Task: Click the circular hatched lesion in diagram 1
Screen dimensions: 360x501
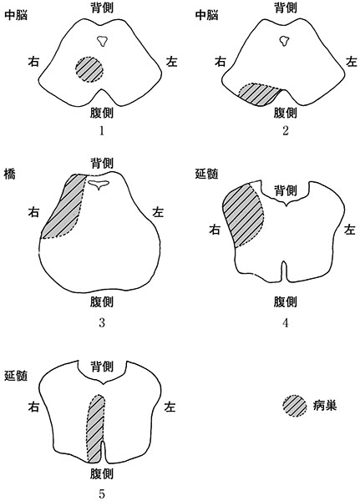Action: tap(89, 69)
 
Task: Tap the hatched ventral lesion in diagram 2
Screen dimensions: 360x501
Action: tap(260, 94)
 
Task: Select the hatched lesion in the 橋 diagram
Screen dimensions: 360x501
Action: tap(65, 208)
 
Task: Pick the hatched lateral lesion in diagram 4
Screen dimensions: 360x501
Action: tap(244, 214)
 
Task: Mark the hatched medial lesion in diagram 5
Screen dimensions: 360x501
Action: tap(95, 429)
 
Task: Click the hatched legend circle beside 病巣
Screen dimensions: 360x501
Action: tap(295, 406)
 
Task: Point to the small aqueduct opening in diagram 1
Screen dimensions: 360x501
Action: tap(102, 41)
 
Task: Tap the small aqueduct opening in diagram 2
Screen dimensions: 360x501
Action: tap(284, 41)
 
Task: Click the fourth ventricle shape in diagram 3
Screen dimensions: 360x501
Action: tap(99, 185)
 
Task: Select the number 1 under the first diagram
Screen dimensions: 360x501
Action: tap(102, 131)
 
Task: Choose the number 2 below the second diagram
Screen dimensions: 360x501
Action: tap(285, 131)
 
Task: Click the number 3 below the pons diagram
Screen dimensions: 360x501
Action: tap(102, 322)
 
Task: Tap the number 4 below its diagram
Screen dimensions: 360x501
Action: tap(285, 322)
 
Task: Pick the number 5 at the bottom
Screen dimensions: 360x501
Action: tap(102, 494)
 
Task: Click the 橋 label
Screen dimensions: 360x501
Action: tap(10, 175)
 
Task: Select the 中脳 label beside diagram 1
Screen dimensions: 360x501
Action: tap(16, 15)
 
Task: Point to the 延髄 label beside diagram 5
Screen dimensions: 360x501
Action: tap(16, 376)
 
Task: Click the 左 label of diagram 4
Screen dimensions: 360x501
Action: tap(350, 230)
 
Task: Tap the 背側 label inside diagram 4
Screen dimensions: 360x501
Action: tap(286, 190)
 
